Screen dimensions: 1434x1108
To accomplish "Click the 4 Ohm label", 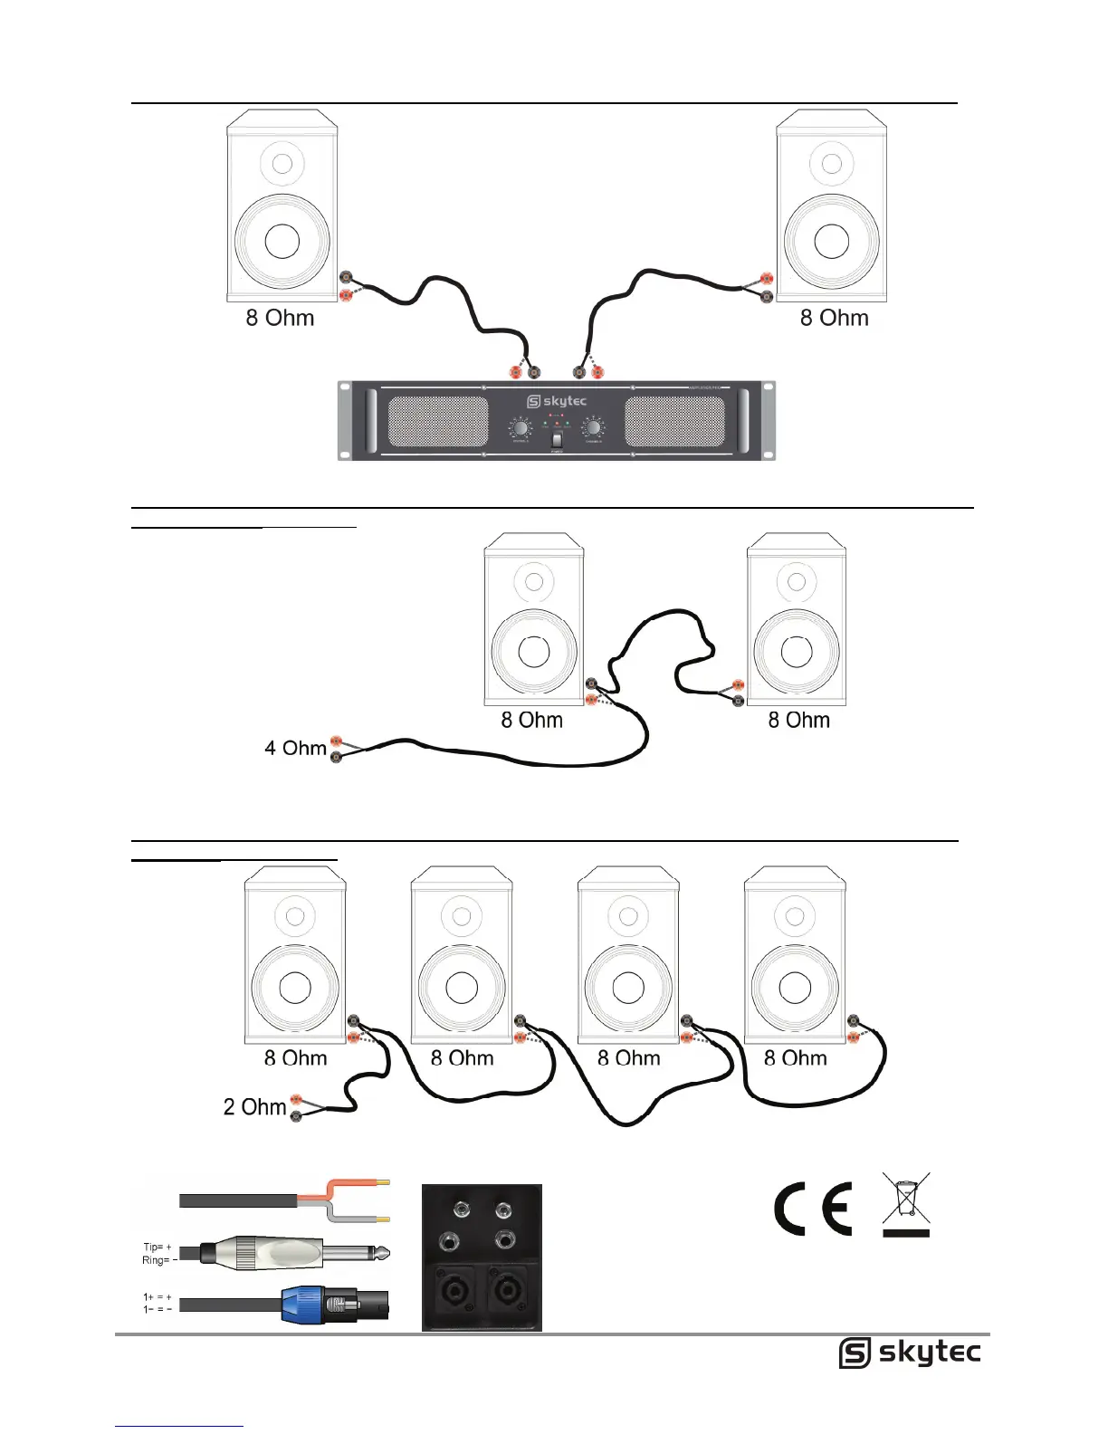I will (295, 749).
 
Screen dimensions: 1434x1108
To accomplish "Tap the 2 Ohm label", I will (254, 1107).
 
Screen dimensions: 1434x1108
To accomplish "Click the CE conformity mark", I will (813, 1209).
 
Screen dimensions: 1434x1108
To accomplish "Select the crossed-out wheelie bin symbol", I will (906, 1205).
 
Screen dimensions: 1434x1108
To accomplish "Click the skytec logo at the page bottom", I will (909, 1353).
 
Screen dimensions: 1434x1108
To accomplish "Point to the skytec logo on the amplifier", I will (557, 401).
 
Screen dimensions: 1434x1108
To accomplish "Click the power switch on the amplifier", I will (557, 440).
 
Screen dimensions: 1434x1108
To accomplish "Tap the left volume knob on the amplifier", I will (521, 427).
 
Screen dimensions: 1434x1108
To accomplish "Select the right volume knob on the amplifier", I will (594, 427).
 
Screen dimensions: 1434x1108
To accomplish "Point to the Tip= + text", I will (157, 1248).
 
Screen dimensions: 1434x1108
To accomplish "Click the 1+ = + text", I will (157, 1297).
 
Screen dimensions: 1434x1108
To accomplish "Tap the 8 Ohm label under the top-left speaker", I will (280, 319).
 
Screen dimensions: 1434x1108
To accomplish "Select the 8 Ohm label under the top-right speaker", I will (834, 319).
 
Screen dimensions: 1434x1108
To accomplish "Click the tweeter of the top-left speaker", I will (282, 164).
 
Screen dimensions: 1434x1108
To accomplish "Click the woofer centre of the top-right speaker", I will (831, 241).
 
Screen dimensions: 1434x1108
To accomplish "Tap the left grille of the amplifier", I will (438, 422).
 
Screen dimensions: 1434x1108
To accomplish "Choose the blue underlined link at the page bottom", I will (179, 1426).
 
